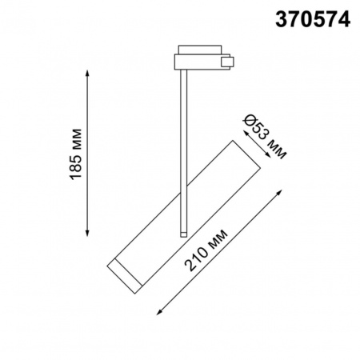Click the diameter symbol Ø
click(250, 120)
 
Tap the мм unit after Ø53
click(274, 145)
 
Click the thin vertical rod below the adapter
click(184, 144)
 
